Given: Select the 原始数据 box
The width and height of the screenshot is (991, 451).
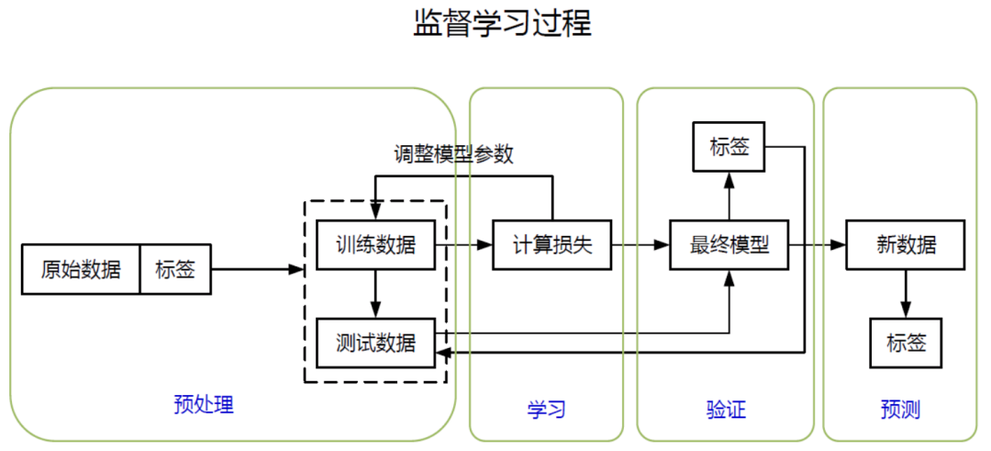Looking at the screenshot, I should click(x=81, y=269).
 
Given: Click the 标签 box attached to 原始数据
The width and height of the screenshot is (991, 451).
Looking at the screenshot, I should click(x=175, y=269).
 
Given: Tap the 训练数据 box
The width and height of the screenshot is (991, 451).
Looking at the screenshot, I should click(x=375, y=245).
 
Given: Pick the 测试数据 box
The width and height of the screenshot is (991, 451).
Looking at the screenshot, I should click(x=375, y=343).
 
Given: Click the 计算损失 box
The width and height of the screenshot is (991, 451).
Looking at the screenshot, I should click(x=552, y=245).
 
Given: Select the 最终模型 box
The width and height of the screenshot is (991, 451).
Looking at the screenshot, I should click(x=729, y=245).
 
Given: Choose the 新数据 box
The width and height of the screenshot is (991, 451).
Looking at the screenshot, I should click(x=906, y=245).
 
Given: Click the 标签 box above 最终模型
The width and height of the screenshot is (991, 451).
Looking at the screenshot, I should click(x=729, y=147).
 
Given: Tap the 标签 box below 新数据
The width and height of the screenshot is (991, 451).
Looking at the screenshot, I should click(x=906, y=343).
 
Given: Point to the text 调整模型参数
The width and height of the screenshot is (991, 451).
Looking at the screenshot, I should click(x=453, y=154).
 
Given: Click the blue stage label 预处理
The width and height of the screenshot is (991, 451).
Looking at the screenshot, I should click(x=204, y=404).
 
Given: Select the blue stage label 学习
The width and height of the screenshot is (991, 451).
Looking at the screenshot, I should click(x=546, y=410).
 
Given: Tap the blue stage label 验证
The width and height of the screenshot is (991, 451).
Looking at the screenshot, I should click(x=726, y=410).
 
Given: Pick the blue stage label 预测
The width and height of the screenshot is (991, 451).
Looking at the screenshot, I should click(x=900, y=410).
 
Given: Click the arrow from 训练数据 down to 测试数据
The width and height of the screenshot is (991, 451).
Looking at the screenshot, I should click(x=375, y=293).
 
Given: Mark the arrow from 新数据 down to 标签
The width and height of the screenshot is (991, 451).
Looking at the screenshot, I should click(x=906, y=293).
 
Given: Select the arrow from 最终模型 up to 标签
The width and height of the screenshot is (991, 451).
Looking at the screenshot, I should click(x=729, y=196).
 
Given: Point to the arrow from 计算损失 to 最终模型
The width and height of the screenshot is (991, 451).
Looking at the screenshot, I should click(x=640, y=245).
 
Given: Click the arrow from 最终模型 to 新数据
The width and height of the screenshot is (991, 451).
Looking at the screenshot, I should click(x=818, y=245).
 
